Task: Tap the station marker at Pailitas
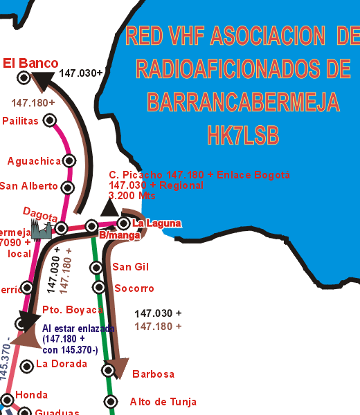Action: click(x=49, y=120)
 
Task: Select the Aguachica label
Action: click(x=34, y=161)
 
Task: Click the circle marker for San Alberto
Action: click(x=68, y=187)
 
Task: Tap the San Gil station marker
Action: click(x=97, y=268)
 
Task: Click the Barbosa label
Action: click(x=152, y=374)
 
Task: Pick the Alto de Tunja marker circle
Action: click(x=110, y=401)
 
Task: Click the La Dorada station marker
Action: click(x=26, y=365)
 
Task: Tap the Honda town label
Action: click(x=32, y=395)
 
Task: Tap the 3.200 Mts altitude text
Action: click(x=132, y=196)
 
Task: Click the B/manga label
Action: click(x=114, y=236)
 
